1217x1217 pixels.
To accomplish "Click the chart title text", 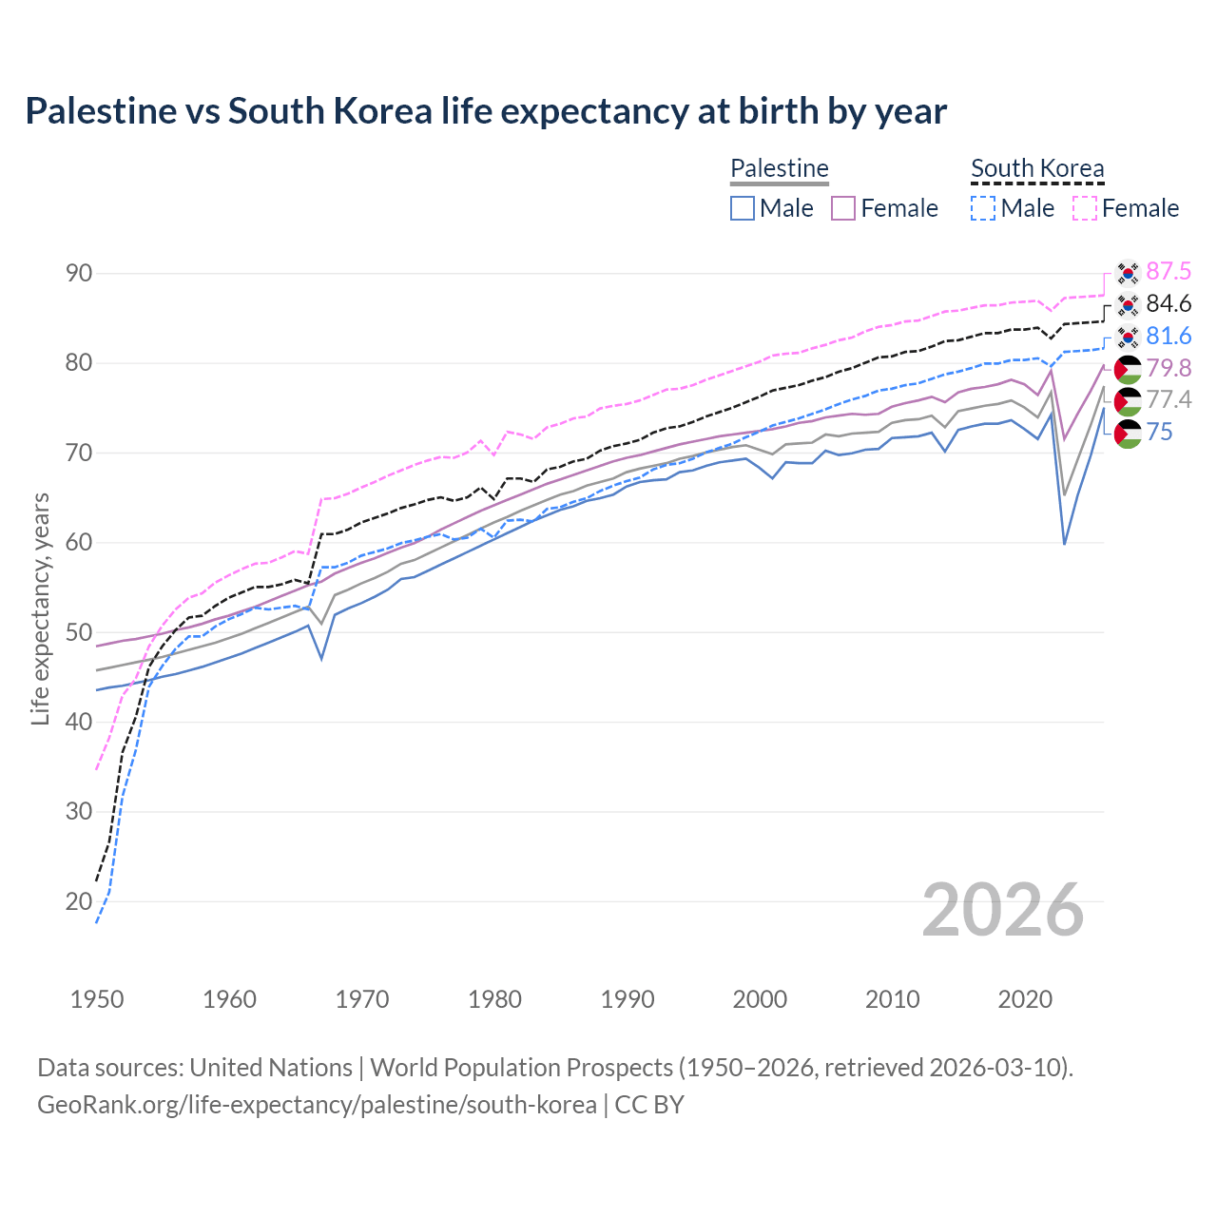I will click(486, 111).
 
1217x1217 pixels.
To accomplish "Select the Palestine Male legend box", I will click(743, 208).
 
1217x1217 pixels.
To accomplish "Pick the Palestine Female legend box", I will click(843, 208).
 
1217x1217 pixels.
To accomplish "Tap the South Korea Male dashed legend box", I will click(983, 208).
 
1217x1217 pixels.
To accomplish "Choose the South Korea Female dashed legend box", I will click(1085, 208).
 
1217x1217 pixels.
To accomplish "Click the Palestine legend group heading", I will click(780, 168).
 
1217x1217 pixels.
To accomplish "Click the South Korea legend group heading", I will click(1037, 168).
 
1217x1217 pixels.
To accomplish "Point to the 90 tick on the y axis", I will click(79, 274).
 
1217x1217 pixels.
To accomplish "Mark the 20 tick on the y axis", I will click(79, 901).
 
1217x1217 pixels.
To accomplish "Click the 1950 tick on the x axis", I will click(97, 999).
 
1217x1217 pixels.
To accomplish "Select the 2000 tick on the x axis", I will click(760, 999).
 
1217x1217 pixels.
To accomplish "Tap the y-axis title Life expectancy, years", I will click(40, 608).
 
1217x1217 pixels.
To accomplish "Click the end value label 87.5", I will click(1169, 272).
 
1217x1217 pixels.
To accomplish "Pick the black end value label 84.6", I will click(1169, 304).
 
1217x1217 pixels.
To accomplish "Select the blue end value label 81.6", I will click(1169, 337).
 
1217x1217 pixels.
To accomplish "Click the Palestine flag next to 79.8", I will click(1128, 369).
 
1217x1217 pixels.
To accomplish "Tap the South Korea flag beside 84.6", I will click(1128, 304).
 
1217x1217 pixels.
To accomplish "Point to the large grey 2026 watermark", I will click(1003, 910).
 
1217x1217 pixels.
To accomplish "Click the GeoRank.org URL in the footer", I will click(317, 1105).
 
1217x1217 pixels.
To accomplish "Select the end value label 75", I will click(1160, 433).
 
